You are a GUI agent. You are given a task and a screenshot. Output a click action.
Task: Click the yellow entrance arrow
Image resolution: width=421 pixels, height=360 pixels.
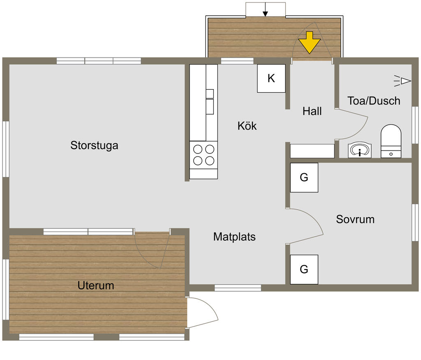coord(309,42)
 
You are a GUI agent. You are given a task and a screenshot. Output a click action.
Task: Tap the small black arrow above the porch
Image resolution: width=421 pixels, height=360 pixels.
coord(265,9)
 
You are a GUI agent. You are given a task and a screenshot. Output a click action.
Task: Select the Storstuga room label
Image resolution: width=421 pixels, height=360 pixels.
coord(94,145)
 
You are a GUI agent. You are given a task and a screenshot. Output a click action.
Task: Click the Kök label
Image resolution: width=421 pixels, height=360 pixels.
coord(247,126)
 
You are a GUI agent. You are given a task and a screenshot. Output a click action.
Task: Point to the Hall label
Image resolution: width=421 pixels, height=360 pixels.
coord(312,111)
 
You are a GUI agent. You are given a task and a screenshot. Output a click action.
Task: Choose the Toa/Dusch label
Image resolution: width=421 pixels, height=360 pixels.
coord(374,101)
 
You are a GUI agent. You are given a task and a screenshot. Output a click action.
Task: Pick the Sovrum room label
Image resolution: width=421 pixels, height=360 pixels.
coord(355,219)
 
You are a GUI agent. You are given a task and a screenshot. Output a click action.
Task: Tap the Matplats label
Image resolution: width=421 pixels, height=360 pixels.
coord(234,237)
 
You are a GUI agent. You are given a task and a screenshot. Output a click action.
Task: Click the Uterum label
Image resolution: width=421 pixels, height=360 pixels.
coord(96,285)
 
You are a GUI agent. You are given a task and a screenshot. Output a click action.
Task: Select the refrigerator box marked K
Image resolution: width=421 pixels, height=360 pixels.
coord(271,79)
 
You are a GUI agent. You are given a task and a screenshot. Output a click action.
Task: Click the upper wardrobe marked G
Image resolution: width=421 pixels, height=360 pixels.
coord(304,178)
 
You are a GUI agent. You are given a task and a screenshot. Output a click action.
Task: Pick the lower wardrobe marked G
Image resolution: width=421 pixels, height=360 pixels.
coord(304,269)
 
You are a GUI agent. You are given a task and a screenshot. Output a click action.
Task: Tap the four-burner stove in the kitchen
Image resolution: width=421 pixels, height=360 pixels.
coord(204,155)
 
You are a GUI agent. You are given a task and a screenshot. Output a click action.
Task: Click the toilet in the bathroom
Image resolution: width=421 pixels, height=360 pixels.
coord(391,141)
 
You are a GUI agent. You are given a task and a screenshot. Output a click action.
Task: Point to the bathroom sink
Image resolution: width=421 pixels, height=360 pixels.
coord(359,150)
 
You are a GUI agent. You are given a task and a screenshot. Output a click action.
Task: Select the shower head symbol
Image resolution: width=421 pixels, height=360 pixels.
coord(402,81)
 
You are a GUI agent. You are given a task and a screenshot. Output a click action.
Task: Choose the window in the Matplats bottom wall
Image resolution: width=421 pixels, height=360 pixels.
coord(238,288)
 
